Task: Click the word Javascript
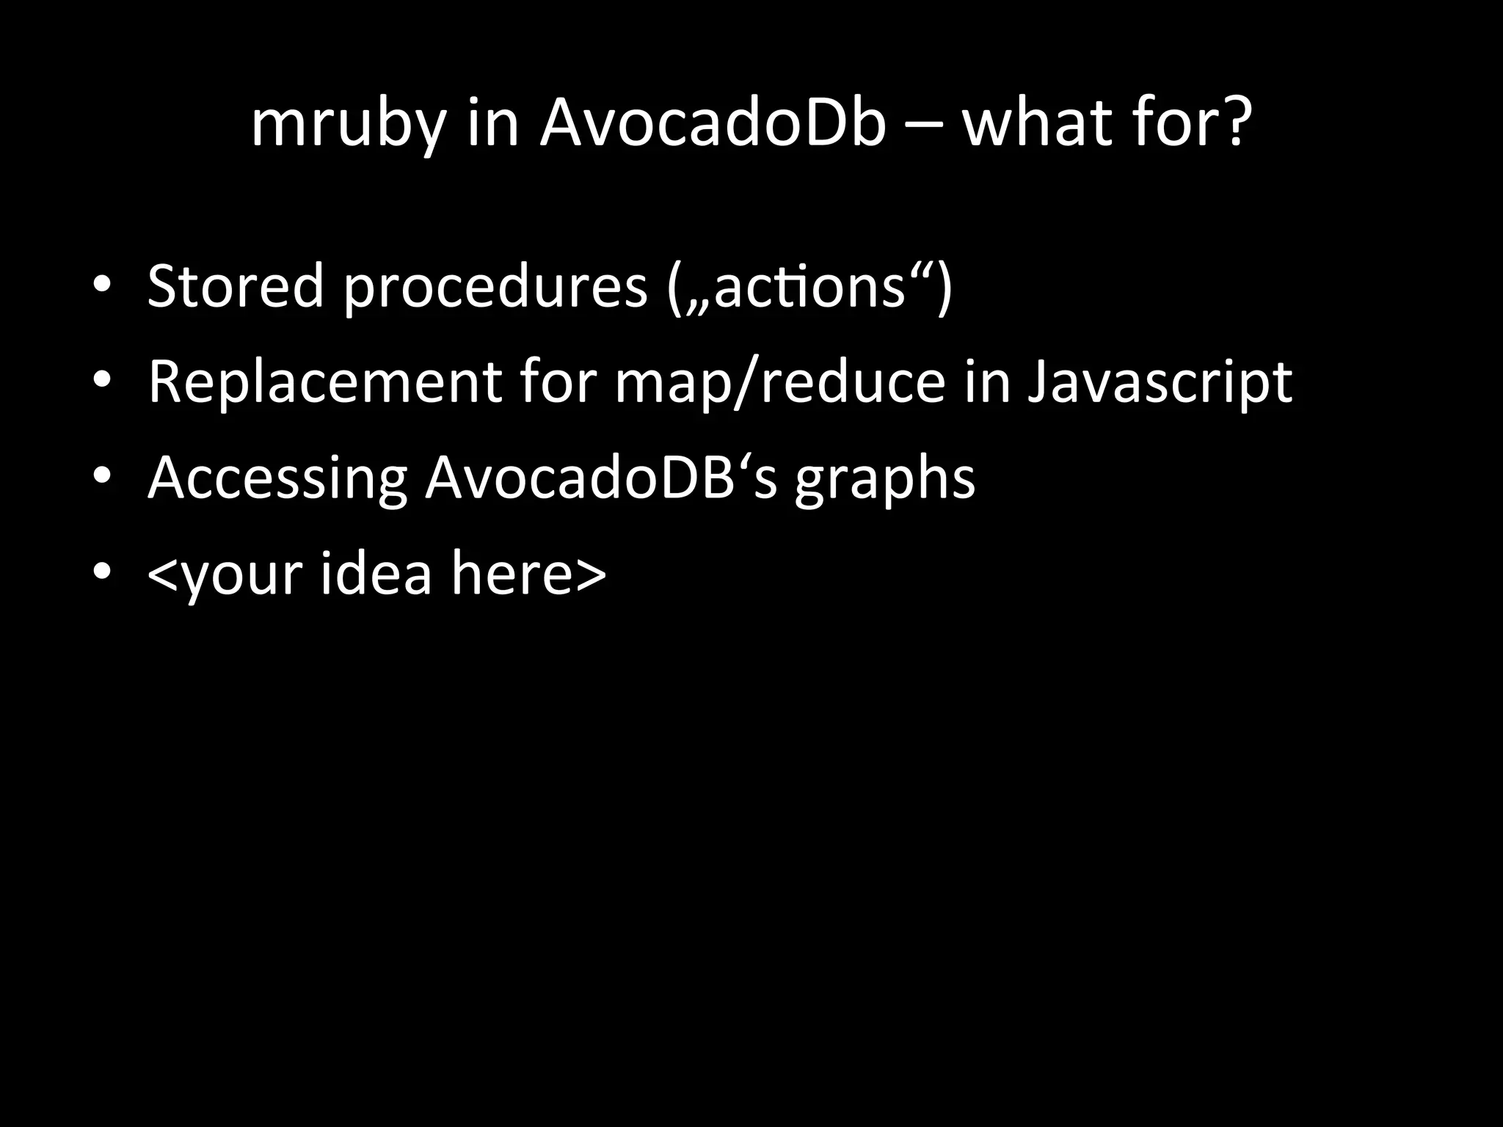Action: [x=1160, y=384]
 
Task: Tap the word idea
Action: [x=376, y=573]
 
